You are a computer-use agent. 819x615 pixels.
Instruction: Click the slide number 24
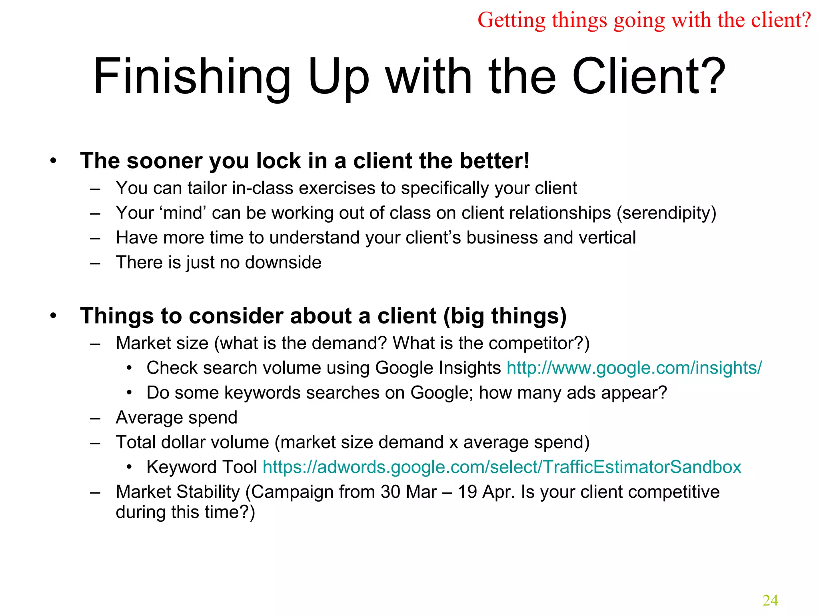(770, 600)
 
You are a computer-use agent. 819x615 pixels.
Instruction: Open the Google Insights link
(634, 368)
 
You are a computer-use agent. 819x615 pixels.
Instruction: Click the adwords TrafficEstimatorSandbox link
(502, 467)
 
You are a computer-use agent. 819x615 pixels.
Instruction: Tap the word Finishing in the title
(192, 77)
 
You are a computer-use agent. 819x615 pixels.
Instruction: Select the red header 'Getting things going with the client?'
(644, 20)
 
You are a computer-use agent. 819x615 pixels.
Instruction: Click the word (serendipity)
(666, 213)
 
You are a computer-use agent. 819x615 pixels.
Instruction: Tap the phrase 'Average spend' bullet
(176, 418)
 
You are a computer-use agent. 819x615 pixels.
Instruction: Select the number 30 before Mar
(390, 492)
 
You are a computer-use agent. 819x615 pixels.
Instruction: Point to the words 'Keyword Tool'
(202, 467)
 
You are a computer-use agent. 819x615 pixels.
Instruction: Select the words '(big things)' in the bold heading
(505, 316)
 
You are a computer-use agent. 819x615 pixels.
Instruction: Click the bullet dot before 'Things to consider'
(53, 316)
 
